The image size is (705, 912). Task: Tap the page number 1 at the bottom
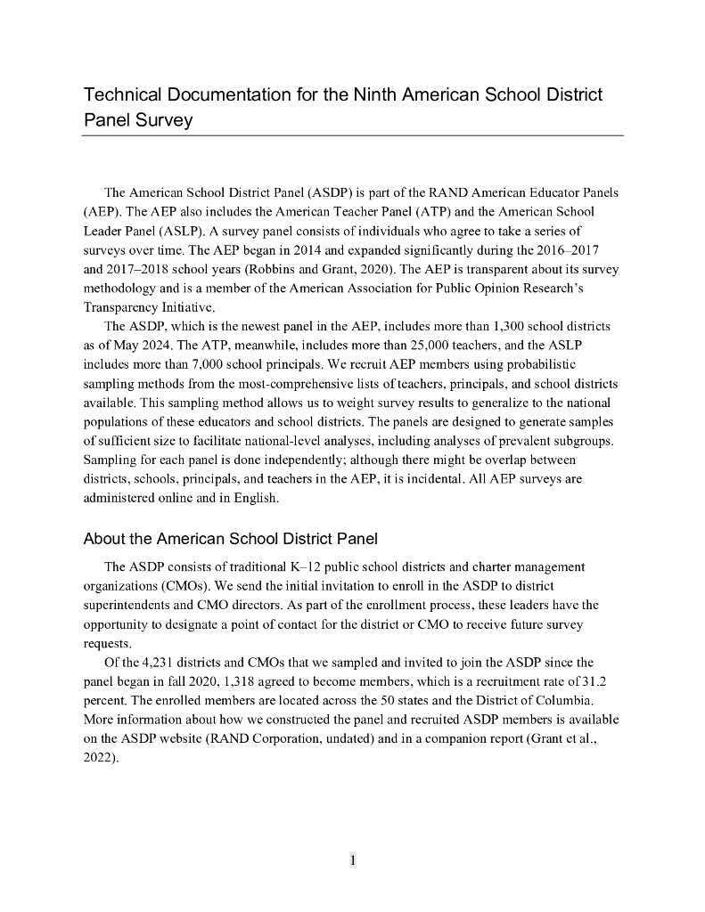(x=353, y=860)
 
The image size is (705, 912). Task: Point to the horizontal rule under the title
(x=353, y=135)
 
